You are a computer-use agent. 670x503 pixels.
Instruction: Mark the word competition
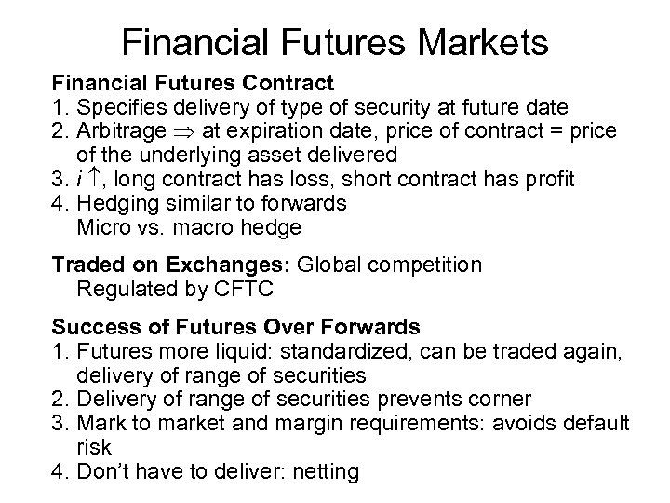pos(423,265)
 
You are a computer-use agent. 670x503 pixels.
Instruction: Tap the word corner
pos(502,400)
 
